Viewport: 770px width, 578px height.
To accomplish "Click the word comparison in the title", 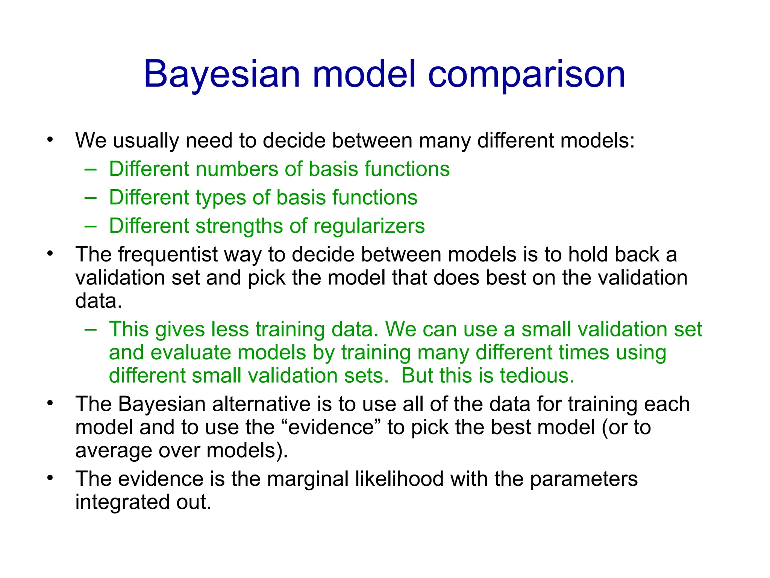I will pyautogui.click(x=526, y=75).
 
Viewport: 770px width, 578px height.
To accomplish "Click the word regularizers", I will pyautogui.click(x=369, y=227).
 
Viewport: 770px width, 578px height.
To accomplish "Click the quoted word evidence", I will pyautogui.click(x=331, y=427).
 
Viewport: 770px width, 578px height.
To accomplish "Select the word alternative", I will pyautogui.click(x=261, y=405).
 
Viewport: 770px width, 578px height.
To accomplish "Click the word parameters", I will pyautogui.click(x=584, y=479).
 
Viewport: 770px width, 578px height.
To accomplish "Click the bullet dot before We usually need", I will pyautogui.click(x=50, y=140).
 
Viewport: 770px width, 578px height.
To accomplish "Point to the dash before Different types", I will pyautogui.click(x=90, y=198).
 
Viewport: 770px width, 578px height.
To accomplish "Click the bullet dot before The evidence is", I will pyautogui.click(x=50, y=478).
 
